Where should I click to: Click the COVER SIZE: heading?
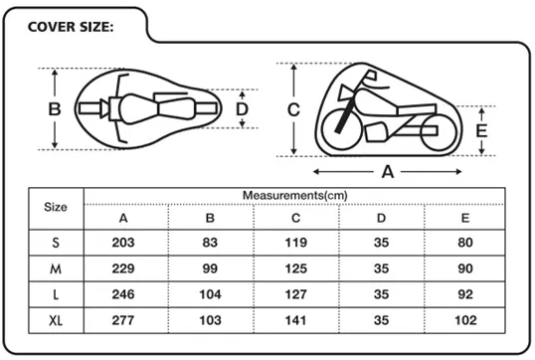coord(71,27)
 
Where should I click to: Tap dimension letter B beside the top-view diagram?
coord(55,109)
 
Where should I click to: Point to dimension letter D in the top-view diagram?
coord(242,109)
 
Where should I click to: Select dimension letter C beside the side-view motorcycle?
coord(293,109)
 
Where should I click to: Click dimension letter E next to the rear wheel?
coord(481,130)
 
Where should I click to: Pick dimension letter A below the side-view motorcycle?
coord(388,172)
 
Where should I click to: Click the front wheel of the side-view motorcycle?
coord(340,128)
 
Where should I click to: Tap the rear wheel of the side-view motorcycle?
coord(439,132)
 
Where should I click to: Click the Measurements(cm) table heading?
coord(294,196)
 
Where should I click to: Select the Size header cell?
coord(56,207)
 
